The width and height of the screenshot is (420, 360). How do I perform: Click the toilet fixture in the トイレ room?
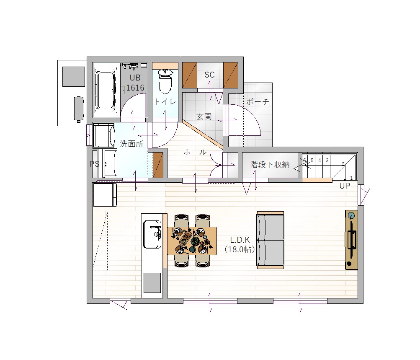165,81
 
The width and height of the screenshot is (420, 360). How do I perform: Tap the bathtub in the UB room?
106,90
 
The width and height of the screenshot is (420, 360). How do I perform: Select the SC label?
209,75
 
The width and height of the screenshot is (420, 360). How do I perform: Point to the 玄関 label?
204,117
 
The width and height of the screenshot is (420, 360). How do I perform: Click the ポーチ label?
258,102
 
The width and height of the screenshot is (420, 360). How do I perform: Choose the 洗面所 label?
131,144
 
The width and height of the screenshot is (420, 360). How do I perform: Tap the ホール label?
195,152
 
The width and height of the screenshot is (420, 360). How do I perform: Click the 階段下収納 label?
270,164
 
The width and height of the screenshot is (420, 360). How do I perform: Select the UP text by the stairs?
345,186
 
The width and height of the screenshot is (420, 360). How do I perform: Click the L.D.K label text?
240,240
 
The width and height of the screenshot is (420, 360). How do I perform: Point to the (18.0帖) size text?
240,249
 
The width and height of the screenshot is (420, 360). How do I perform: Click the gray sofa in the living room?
270,240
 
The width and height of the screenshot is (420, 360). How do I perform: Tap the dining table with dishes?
192,241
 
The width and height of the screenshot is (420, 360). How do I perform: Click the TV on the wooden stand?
351,240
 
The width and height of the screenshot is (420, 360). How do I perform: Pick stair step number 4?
320,160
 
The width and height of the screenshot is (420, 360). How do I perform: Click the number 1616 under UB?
135,88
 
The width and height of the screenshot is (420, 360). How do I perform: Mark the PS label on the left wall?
94,164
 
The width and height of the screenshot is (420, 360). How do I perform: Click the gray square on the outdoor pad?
74,77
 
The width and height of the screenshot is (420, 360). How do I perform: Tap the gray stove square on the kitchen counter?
152,283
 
